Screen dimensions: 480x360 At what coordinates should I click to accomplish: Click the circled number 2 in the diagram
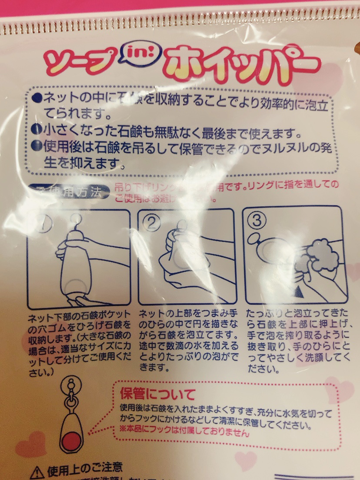[x=151, y=223]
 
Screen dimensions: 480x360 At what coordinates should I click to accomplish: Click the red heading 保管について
[x=158, y=395]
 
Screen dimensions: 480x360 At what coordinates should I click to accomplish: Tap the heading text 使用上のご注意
[x=84, y=469]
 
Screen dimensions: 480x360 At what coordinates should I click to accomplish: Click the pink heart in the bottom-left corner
[x=31, y=443]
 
